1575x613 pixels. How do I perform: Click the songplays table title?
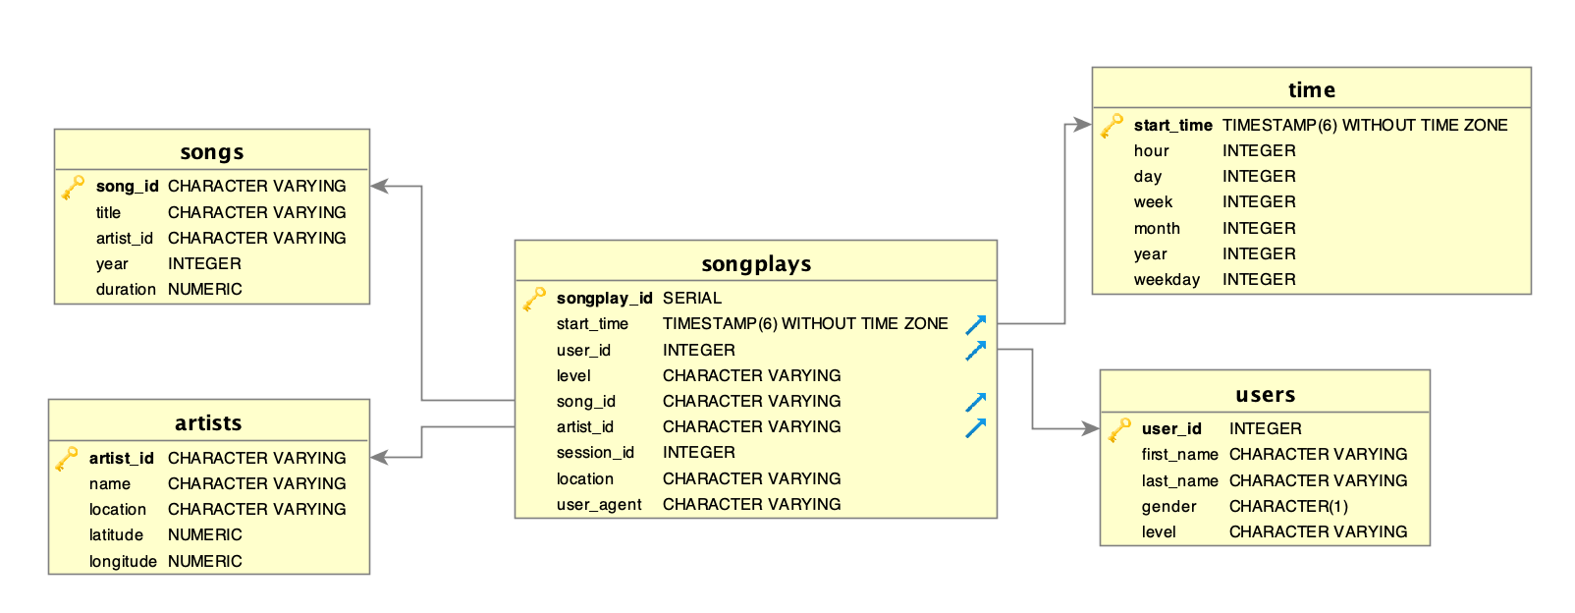click(x=756, y=263)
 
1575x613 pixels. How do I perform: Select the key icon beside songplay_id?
click(x=534, y=298)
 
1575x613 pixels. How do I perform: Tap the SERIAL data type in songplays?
click(x=691, y=298)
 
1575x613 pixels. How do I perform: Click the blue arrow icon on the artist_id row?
click(x=975, y=427)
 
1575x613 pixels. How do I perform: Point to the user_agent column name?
click(x=599, y=504)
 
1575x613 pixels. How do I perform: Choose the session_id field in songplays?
click(x=595, y=452)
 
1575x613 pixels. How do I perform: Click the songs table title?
click(x=212, y=152)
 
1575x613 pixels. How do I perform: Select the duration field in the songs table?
click(x=126, y=289)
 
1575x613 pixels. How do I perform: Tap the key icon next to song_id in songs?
click(x=73, y=187)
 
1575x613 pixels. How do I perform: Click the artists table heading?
click(x=208, y=422)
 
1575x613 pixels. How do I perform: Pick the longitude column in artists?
click(x=123, y=561)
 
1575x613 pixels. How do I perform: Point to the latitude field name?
click(x=116, y=534)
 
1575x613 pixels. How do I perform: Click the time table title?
click(x=1311, y=90)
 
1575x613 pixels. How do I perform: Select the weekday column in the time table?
click(x=1167, y=279)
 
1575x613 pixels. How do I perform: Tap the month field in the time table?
click(x=1157, y=228)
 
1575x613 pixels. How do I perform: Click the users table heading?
click(x=1265, y=395)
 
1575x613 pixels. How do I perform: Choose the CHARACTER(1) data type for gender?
click(x=1288, y=506)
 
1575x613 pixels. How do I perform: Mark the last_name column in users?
click(x=1179, y=480)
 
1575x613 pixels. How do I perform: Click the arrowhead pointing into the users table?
click(x=1090, y=428)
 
